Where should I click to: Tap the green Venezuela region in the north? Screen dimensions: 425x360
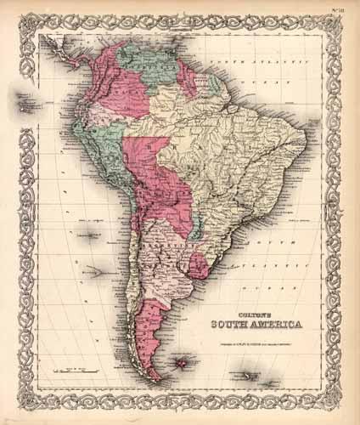(153, 64)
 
